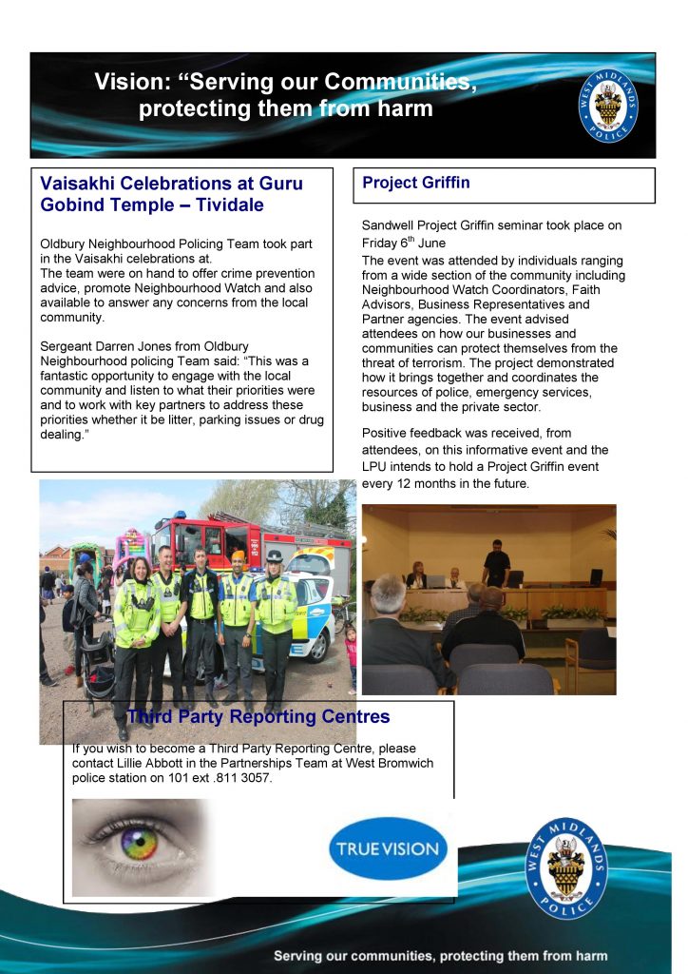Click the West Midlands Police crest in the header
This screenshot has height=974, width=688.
click(608, 105)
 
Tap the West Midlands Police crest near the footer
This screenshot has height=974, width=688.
click(566, 867)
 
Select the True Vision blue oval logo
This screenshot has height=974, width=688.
click(388, 848)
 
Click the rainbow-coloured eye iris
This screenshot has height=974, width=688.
click(140, 844)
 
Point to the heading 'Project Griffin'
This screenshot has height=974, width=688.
click(416, 183)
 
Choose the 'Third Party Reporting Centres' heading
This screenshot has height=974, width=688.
click(258, 716)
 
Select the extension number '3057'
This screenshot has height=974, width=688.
click(254, 778)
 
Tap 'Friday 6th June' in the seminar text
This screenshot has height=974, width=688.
click(404, 243)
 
